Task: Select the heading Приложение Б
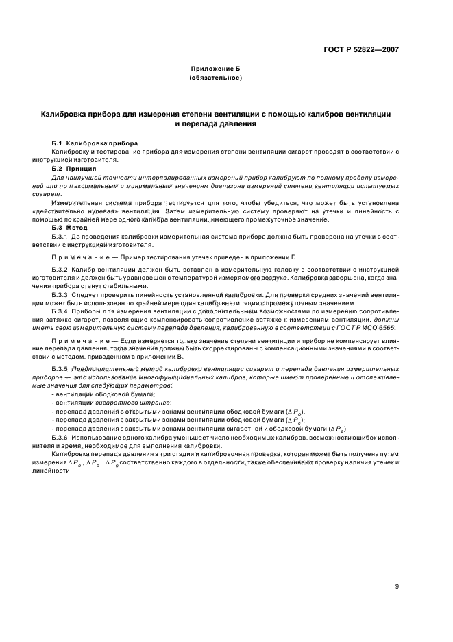pyautogui.click(x=215, y=69)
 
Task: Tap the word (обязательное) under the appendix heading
pyautogui.click(x=215, y=78)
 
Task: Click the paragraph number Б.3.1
pyautogui.click(x=62, y=235)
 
